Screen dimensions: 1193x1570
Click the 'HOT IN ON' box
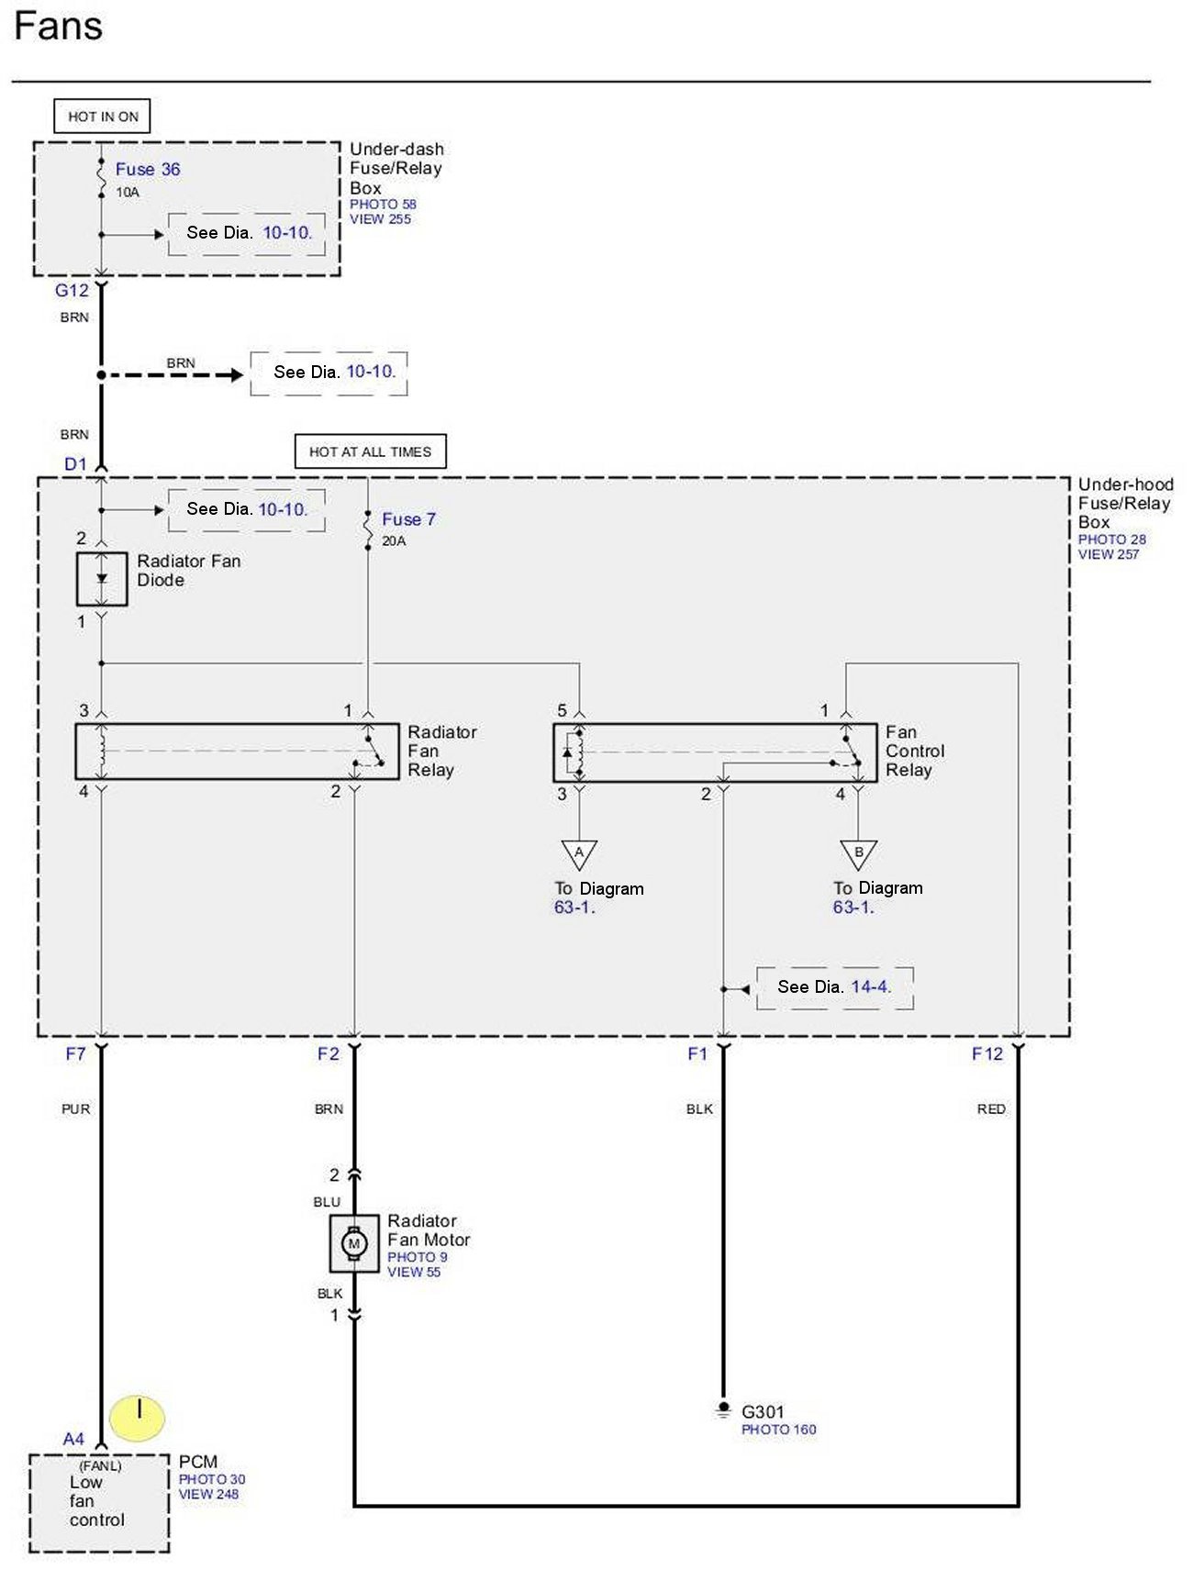click(102, 117)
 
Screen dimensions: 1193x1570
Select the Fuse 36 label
click(148, 169)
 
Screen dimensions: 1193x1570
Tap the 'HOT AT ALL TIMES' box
click(370, 451)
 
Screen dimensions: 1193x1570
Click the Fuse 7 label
click(408, 519)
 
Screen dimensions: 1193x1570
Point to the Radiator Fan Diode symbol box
click(102, 579)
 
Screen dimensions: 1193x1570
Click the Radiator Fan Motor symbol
click(354, 1243)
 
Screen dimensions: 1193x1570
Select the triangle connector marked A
click(579, 854)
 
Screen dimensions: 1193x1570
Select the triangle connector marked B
click(858, 854)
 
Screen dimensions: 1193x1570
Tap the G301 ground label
click(763, 1411)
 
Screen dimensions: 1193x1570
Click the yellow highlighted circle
click(137, 1418)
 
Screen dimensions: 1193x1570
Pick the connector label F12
click(987, 1054)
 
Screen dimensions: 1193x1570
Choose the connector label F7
click(75, 1054)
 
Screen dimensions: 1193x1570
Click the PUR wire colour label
click(75, 1109)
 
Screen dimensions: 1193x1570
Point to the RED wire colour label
click(991, 1109)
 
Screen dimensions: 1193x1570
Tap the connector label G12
click(72, 291)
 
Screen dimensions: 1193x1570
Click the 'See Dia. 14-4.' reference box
click(835, 987)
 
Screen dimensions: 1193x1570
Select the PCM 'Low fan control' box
click(99, 1503)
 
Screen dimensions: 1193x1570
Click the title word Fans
click(58, 26)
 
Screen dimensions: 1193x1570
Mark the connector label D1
click(75, 464)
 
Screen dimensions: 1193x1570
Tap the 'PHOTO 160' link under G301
click(778, 1430)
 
